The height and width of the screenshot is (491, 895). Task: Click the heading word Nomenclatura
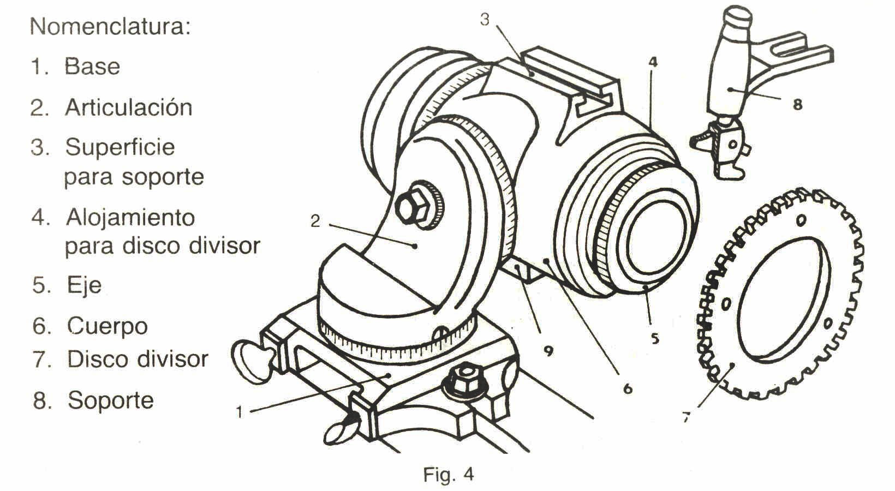[x=110, y=26]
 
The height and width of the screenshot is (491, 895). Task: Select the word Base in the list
[x=92, y=67]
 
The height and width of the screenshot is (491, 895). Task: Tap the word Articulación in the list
[x=129, y=107]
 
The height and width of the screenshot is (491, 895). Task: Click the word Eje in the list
[x=84, y=285]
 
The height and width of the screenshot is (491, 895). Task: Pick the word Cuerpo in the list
[x=108, y=326]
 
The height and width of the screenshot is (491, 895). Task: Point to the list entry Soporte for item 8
[x=111, y=400]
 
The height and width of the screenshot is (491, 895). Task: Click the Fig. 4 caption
[x=449, y=474]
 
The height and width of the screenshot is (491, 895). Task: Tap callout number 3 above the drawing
[x=485, y=20]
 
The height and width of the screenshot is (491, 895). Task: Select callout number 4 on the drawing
[x=653, y=62]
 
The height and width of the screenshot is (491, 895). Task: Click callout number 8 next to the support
[x=797, y=105]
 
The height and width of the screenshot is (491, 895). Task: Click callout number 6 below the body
[x=627, y=388]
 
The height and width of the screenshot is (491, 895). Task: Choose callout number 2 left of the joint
[x=315, y=221]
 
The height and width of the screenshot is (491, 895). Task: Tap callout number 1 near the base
[x=238, y=412]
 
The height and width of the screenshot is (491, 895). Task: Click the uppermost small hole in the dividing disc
[x=801, y=221]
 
